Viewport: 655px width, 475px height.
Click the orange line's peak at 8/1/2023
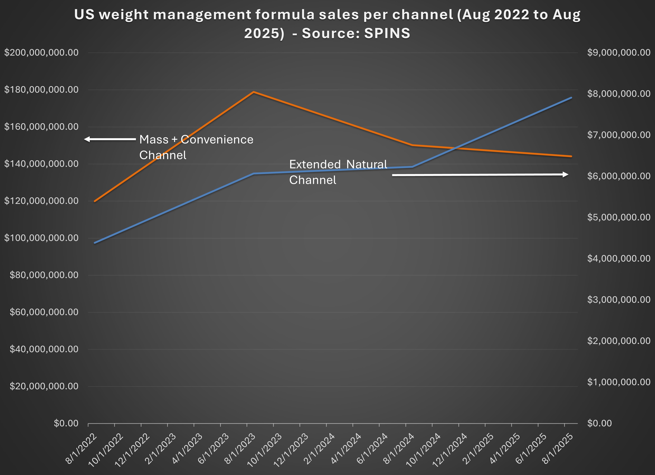[253, 92]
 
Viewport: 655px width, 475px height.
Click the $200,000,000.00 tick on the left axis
[41, 53]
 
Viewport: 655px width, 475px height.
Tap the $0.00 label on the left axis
[66, 423]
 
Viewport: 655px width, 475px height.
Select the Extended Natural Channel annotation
[338, 172]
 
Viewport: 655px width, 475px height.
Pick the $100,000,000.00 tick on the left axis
[41, 238]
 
